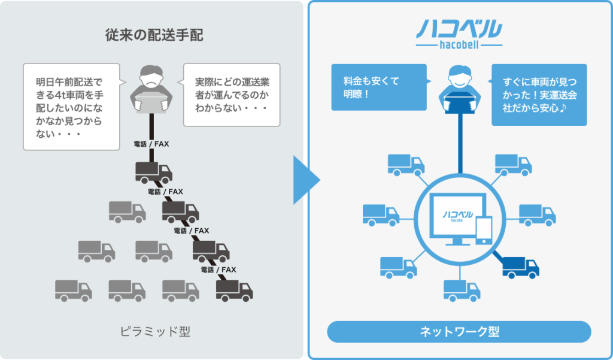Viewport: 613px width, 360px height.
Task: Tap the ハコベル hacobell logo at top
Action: [x=459, y=34]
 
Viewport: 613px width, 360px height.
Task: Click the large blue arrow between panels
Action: [x=306, y=180]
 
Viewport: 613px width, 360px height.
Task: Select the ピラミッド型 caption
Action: [x=154, y=331]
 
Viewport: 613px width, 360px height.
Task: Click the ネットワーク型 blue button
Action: [x=459, y=331]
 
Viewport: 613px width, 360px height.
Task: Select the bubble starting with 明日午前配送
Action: [x=71, y=106]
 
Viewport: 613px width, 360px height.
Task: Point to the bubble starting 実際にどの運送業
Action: [x=231, y=95]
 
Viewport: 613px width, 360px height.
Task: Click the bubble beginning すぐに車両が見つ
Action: [x=539, y=95]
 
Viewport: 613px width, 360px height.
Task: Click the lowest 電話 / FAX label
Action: [x=219, y=270]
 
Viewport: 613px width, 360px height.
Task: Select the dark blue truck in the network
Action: [x=521, y=267]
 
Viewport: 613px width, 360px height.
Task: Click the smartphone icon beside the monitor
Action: [x=483, y=230]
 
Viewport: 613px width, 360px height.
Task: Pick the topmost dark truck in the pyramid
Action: [x=154, y=172]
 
